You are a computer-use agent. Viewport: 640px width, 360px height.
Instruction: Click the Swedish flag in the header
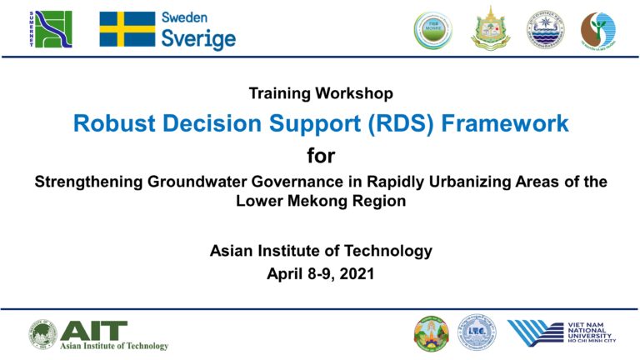click(x=127, y=29)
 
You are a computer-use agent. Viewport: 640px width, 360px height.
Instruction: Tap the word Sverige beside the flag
click(x=198, y=38)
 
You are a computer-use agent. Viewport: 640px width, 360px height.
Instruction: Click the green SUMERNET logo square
click(x=52, y=29)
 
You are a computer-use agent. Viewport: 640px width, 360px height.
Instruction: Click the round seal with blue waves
click(x=545, y=29)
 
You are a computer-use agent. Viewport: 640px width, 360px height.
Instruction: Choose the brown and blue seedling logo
click(x=597, y=30)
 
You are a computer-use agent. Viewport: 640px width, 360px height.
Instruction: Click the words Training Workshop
click(x=320, y=93)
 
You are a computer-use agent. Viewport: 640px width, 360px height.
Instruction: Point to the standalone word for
click(x=320, y=156)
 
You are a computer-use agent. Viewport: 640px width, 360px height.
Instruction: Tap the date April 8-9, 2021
click(x=320, y=272)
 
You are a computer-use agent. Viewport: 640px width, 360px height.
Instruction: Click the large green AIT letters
click(x=94, y=330)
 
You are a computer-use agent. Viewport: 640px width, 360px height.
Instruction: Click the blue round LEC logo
click(x=475, y=333)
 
